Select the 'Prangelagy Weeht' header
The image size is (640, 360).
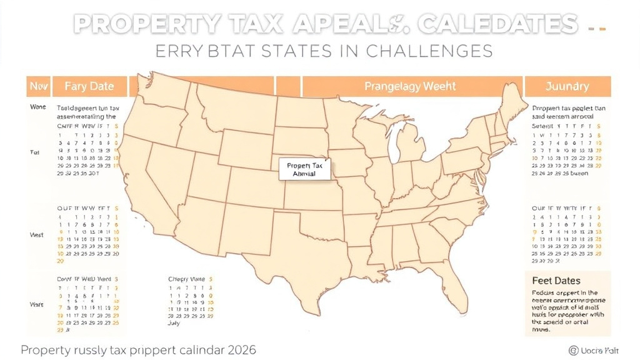pos(411,86)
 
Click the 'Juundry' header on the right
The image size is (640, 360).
pos(566,86)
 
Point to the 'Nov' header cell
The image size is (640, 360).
pos(38,86)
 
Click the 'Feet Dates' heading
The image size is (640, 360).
pos(556,281)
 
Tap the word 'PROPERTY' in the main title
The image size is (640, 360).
pos(147,24)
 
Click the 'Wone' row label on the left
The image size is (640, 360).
pos(37,107)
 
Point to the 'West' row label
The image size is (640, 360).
pos(36,236)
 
